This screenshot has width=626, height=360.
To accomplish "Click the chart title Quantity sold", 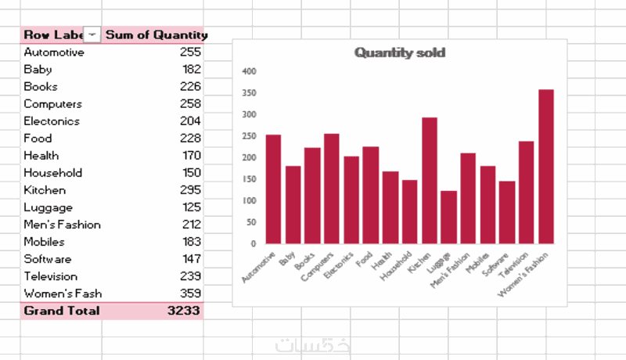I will coord(399,52).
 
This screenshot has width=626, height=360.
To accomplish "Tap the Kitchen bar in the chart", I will coord(430,181).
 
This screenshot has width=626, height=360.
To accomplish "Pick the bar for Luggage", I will coord(448,217).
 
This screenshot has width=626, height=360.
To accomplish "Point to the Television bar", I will coord(527,193).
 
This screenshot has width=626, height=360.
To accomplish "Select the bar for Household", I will coord(410,212).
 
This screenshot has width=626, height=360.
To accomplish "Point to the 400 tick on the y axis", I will coord(250,71).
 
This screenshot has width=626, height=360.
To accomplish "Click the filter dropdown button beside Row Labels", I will coord(93,34).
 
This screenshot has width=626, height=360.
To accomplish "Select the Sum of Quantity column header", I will coord(156,34).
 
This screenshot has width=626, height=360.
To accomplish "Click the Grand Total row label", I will coord(62,311).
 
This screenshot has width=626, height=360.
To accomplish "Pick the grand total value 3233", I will coord(185,311).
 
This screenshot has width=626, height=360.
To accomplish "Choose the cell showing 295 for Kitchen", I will coord(190,190).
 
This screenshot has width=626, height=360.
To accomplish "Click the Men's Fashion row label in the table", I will coord(62,225).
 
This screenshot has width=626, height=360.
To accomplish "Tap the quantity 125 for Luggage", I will coord(190,207).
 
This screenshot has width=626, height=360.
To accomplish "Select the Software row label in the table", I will coord(48,259).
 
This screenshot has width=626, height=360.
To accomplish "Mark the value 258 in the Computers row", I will coord(190,104).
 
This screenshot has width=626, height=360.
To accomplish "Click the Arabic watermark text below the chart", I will coord(301,345).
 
